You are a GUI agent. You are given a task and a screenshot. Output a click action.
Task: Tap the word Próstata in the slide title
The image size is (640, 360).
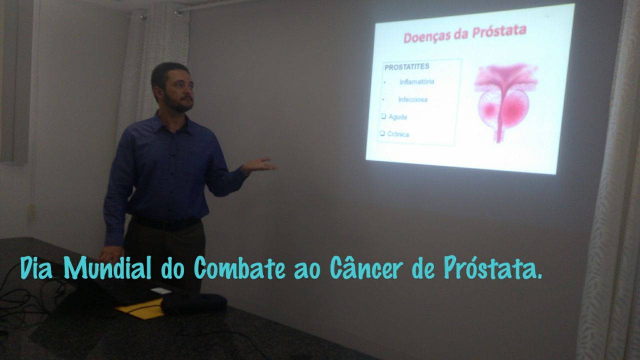pyautogui.click(x=499, y=31)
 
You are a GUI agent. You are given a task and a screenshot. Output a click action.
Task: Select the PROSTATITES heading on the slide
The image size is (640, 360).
pyautogui.click(x=407, y=67)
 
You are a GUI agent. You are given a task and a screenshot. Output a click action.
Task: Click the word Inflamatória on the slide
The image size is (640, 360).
pyautogui.click(x=417, y=81)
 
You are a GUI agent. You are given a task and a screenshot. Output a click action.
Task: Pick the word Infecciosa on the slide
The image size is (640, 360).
pyautogui.click(x=413, y=99)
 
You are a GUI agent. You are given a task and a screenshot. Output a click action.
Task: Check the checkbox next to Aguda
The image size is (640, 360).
pyautogui.click(x=383, y=116)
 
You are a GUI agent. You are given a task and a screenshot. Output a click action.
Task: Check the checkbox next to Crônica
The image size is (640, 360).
pyautogui.click(x=382, y=133)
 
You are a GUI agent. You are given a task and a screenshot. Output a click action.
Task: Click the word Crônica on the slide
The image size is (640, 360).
pyautogui.click(x=398, y=134)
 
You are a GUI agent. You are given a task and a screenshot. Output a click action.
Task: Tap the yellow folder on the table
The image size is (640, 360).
pyautogui.click(x=140, y=309)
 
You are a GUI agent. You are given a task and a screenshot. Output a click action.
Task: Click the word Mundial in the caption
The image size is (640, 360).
pyautogui.click(x=107, y=267)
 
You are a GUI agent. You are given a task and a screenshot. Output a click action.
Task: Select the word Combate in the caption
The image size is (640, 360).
pyautogui.click(x=239, y=267)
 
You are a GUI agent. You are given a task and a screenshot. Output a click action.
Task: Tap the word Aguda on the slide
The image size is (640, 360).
pyautogui.click(x=397, y=117)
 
